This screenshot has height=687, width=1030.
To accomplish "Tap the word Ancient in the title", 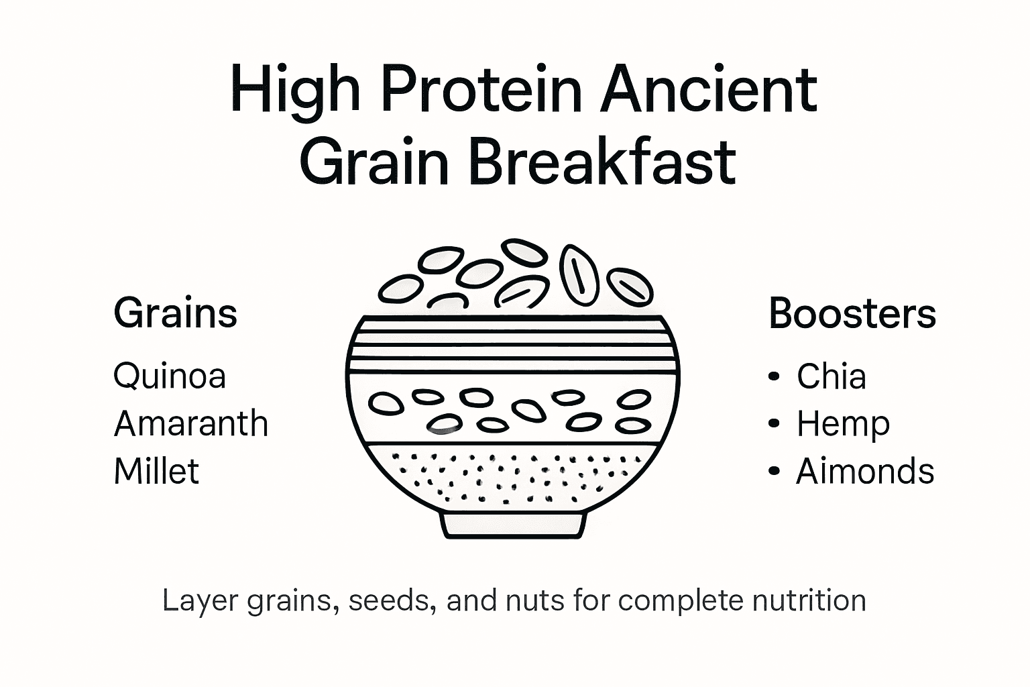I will pyautogui.click(x=708, y=89).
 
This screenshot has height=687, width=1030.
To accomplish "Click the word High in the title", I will pyautogui.click(x=295, y=91).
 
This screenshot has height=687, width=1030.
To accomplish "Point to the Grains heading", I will pyautogui.click(x=176, y=313).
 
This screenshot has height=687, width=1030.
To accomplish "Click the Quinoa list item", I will pyautogui.click(x=170, y=376).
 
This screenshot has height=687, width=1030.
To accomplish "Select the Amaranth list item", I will pyautogui.click(x=191, y=424).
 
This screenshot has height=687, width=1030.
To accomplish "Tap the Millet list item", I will pyautogui.click(x=156, y=471).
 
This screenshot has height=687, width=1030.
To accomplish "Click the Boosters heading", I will pyautogui.click(x=852, y=313).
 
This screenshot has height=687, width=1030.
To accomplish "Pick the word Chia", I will pyautogui.click(x=831, y=376).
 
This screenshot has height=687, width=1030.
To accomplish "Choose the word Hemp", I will pyautogui.click(x=843, y=424).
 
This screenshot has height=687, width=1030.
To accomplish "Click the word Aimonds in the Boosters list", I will pyautogui.click(x=865, y=471).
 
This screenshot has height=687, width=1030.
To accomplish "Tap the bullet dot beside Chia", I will pyautogui.click(x=775, y=377).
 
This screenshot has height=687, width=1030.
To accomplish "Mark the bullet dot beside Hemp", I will pyautogui.click(x=775, y=424).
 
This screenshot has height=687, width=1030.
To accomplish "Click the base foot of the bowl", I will pyautogui.click(x=514, y=525).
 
